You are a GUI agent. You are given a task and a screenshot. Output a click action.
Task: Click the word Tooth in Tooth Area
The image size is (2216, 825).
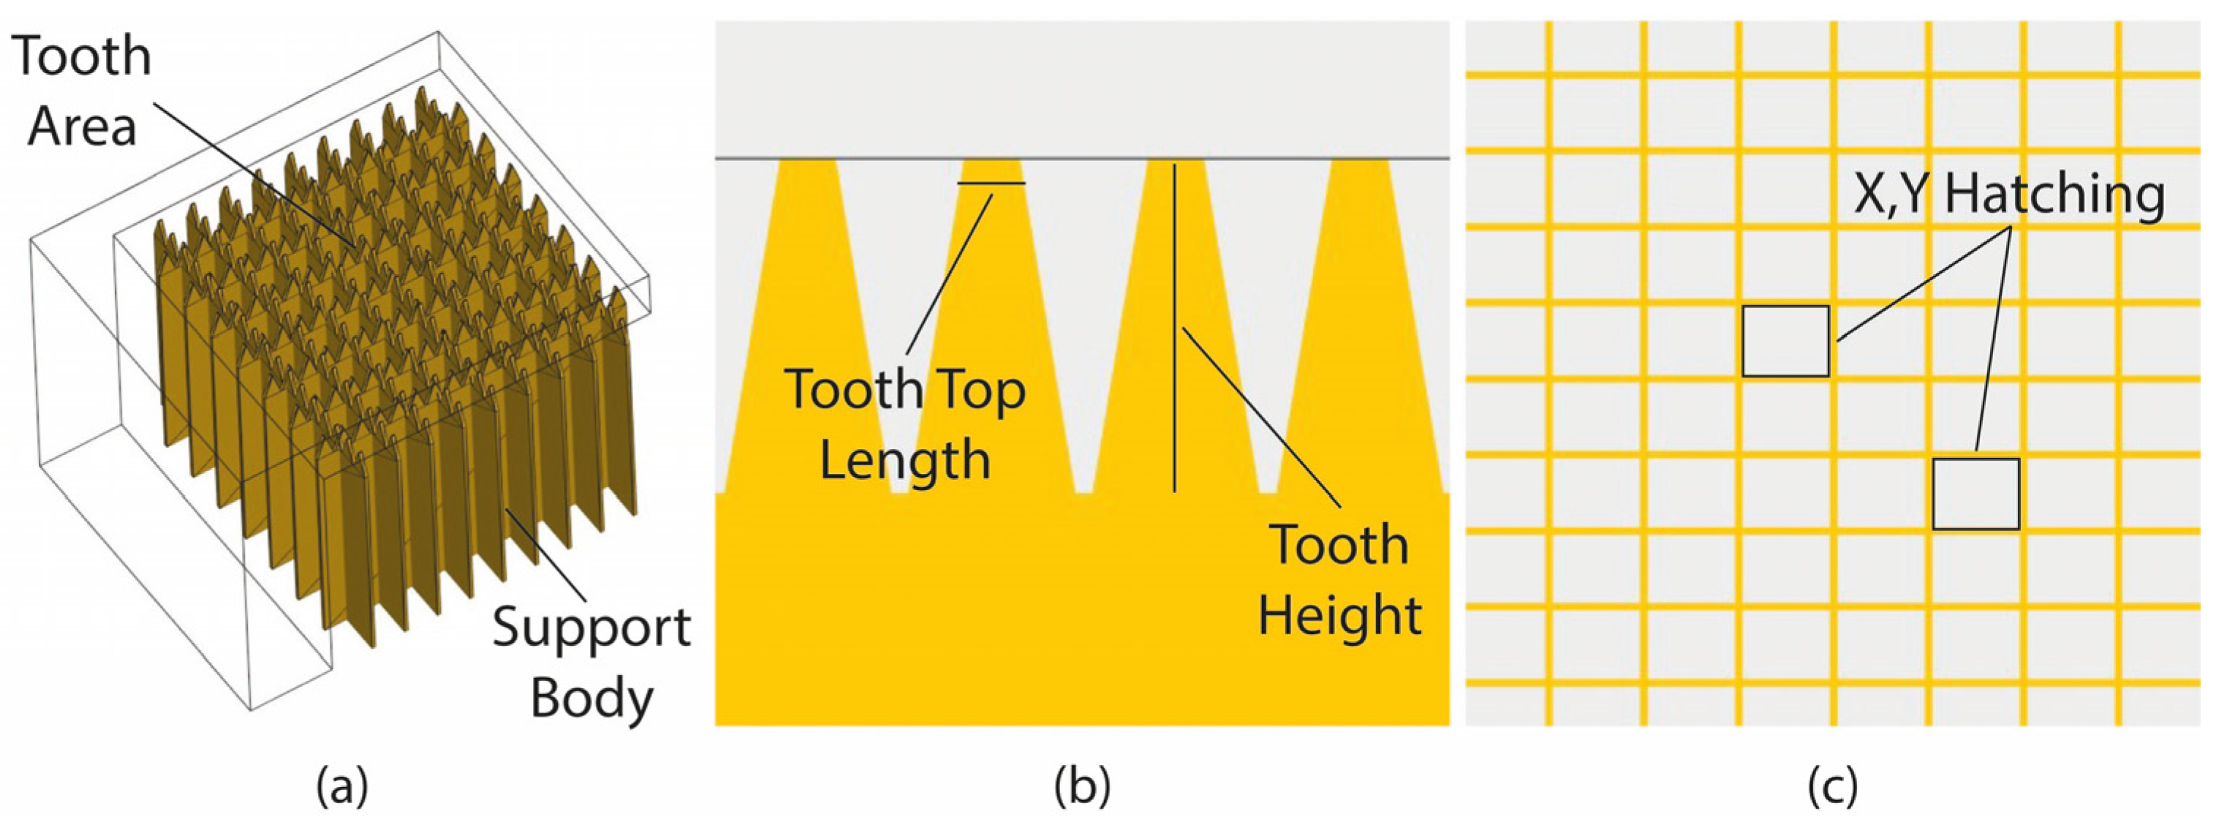click(x=82, y=57)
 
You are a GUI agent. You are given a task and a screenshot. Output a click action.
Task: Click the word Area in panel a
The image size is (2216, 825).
click(x=82, y=127)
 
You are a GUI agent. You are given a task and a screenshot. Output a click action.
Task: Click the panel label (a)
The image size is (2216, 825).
click(x=341, y=786)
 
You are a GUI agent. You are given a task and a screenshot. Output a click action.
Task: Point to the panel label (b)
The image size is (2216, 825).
click(x=1082, y=786)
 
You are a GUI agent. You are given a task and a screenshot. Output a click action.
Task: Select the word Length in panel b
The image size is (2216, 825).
click(x=905, y=460)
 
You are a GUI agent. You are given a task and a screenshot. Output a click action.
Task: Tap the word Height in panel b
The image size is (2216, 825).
click(x=1339, y=615)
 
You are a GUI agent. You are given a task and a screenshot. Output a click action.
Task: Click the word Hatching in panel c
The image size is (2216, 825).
click(x=2055, y=195)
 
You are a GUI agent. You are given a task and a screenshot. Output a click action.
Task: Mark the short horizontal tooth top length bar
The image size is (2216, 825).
click(x=991, y=184)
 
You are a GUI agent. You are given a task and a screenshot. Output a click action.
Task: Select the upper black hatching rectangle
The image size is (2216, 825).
click(x=1785, y=341)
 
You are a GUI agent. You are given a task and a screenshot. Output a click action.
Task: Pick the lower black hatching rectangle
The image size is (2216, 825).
click(x=1975, y=494)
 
